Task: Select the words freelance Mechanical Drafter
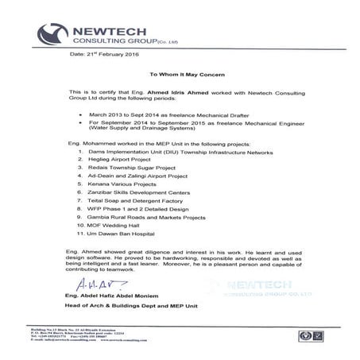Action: [207, 114]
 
